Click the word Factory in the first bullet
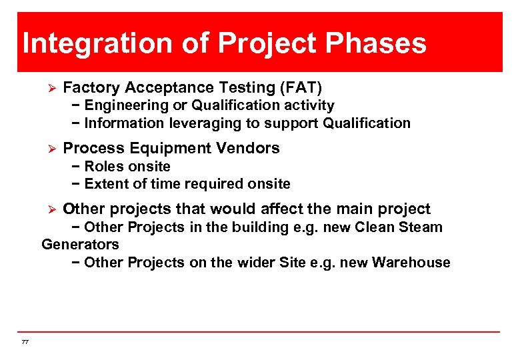click(x=91, y=87)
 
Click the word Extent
click(x=106, y=184)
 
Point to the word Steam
click(x=421, y=227)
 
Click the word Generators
click(x=80, y=245)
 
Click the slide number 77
click(x=25, y=342)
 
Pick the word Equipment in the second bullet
click(x=155, y=148)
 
